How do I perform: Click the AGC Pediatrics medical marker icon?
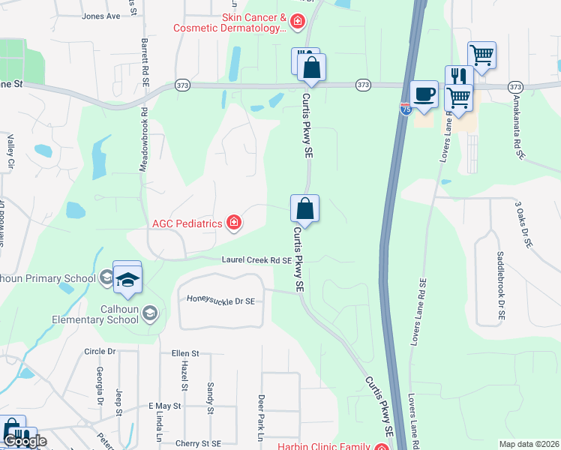pos(234,222)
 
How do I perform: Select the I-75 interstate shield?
pos(405,109)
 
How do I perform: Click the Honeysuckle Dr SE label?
pos(221,301)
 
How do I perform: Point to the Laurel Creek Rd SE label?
pos(256,260)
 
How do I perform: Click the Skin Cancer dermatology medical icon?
pos(297,22)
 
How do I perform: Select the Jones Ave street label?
pos(100,16)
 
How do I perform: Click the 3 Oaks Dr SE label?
pos(523,224)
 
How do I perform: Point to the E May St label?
pos(165,406)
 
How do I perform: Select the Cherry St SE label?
pos(199,443)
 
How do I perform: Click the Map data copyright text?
pos(529,444)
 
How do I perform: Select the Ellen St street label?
pos(185,353)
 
